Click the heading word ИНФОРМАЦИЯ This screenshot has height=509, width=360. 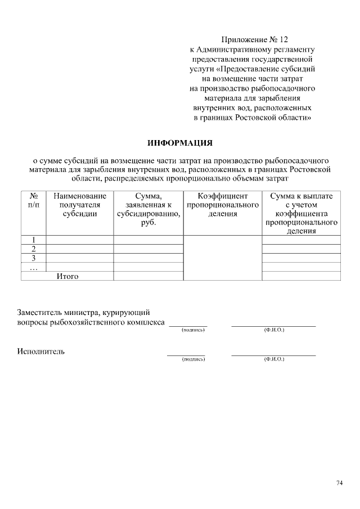(x=179, y=142)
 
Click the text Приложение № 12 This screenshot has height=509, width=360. (x=254, y=39)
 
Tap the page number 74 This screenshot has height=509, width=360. (x=339, y=483)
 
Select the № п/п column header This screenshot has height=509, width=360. (x=33, y=201)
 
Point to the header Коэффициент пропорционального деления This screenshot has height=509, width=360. (x=222, y=205)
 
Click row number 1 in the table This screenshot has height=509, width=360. (x=33, y=240)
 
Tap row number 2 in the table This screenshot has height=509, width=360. (x=33, y=249)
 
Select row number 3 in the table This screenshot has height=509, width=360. (x=33, y=258)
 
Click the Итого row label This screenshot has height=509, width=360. (x=67, y=276)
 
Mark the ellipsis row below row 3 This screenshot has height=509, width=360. (x=33, y=267)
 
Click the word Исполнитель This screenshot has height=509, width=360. (x=40, y=352)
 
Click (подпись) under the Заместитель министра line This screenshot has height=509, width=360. (x=192, y=330)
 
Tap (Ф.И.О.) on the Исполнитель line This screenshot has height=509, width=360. (x=274, y=358)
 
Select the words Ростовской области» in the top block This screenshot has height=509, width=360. (x=272, y=118)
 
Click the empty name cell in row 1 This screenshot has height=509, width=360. (x=79, y=240)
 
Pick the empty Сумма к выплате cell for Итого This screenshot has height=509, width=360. (x=301, y=276)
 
